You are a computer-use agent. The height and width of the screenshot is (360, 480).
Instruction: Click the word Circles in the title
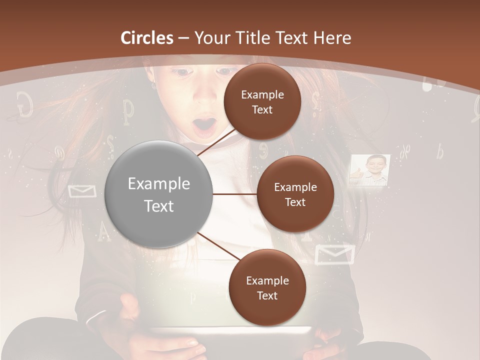147,37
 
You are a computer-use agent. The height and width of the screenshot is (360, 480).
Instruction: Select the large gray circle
159,194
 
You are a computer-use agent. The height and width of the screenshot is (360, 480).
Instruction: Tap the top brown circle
262,101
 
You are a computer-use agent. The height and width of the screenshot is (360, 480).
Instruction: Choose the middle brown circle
295,194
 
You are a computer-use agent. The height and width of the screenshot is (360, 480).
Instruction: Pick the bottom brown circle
267,287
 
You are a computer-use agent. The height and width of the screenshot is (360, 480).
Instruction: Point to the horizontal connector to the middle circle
234,194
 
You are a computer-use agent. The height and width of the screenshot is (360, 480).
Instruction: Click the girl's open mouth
205,126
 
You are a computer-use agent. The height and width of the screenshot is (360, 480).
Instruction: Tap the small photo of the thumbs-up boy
369,170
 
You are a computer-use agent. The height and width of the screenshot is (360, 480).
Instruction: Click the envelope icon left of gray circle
82,190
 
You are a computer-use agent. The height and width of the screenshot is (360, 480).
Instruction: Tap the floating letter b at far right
439,151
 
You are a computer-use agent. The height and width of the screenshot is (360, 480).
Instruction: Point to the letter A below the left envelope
103,230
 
